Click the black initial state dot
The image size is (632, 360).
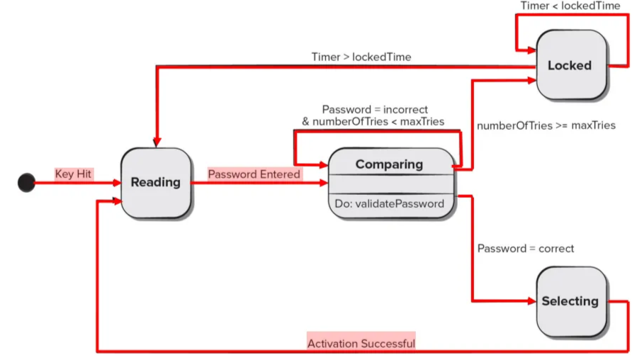pyautogui.click(x=26, y=183)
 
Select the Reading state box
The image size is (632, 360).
pyautogui.click(x=156, y=183)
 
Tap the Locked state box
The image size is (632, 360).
pyautogui.click(x=571, y=64)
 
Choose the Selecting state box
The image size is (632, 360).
pyautogui.click(x=571, y=301)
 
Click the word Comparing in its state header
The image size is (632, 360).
pyautogui.click(x=389, y=164)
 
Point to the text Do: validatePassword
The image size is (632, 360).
pyautogui.click(x=390, y=203)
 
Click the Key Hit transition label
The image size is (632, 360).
pyautogui.click(x=74, y=174)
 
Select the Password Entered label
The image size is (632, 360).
pyautogui.click(x=254, y=174)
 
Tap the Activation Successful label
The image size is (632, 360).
pyautogui.click(x=361, y=344)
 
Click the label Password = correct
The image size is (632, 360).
pyautogui.click(x=526, y=248)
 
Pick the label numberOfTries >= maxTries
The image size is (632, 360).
pyautogui.click(x=546, y=125)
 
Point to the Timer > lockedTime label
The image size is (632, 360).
pyautogui.click(x=361, y=57)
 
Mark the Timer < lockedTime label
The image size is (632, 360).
pyautogui.click(x=570, y=6)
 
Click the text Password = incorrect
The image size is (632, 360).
pyautogui.click(x=375, y=109)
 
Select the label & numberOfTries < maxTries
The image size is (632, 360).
pyautogui.click(x=373, y=121)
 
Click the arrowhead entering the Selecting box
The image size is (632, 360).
pyautogui.click(x=531, y=301)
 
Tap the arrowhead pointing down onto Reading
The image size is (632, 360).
pyautogui.click(x=157, y=142)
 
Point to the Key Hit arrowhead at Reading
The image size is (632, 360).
pyautogui.click(x=116, y=183)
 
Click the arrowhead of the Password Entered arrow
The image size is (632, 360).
pyautogui.click(x=324, y=183)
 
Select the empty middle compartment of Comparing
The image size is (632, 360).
pyautogui.click(x=391, y=185)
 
